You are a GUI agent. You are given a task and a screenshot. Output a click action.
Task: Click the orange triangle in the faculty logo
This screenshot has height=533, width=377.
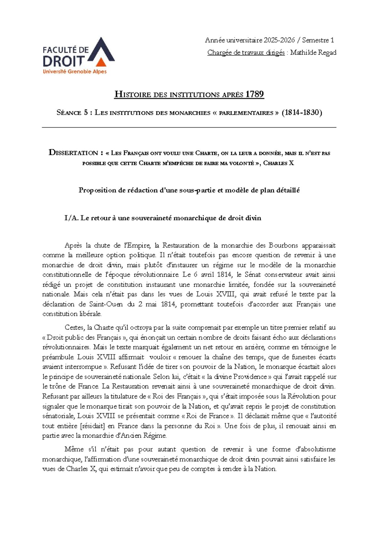[101, 62]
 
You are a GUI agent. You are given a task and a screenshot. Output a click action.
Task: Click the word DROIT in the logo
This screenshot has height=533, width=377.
[64, 61]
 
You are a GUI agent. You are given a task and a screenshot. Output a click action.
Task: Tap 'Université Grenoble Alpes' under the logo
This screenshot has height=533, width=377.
[75, 72]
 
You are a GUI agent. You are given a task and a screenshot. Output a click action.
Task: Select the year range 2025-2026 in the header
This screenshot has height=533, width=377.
[279, 40]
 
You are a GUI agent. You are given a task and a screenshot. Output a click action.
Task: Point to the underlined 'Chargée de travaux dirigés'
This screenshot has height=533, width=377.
[246, 52]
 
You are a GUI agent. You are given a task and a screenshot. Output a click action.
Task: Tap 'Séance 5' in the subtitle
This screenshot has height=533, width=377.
[72, 113]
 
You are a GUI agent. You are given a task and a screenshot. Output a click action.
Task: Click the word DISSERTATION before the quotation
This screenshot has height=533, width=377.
[74, 153]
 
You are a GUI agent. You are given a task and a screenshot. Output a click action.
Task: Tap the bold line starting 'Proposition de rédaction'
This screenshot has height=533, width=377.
[189, 190]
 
